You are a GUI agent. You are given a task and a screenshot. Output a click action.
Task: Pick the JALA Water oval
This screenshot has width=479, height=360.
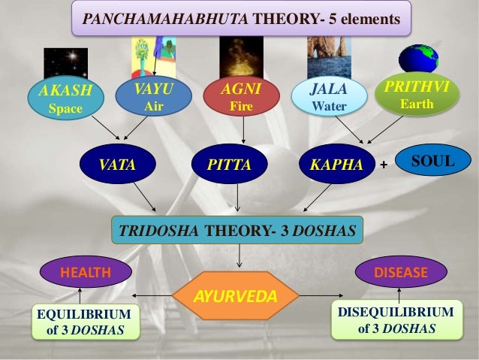pyautogui.click(x=329, y=98)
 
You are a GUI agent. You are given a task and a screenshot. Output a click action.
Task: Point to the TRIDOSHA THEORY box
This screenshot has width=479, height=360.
pyautogui.click(x=237, y=231)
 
